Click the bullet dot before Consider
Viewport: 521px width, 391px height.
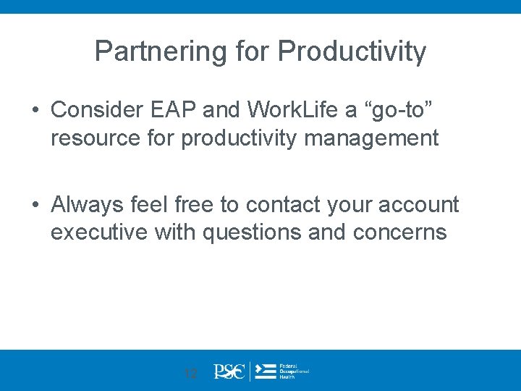pos(35,109)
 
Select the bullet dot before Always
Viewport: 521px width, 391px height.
pos(35,206)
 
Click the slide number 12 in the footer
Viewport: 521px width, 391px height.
pos(190,374)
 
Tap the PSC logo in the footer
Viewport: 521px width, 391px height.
pos(230,371)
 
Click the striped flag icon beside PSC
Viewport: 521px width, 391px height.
pos(266,371)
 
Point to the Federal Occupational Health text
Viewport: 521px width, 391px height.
pos(294,371)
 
